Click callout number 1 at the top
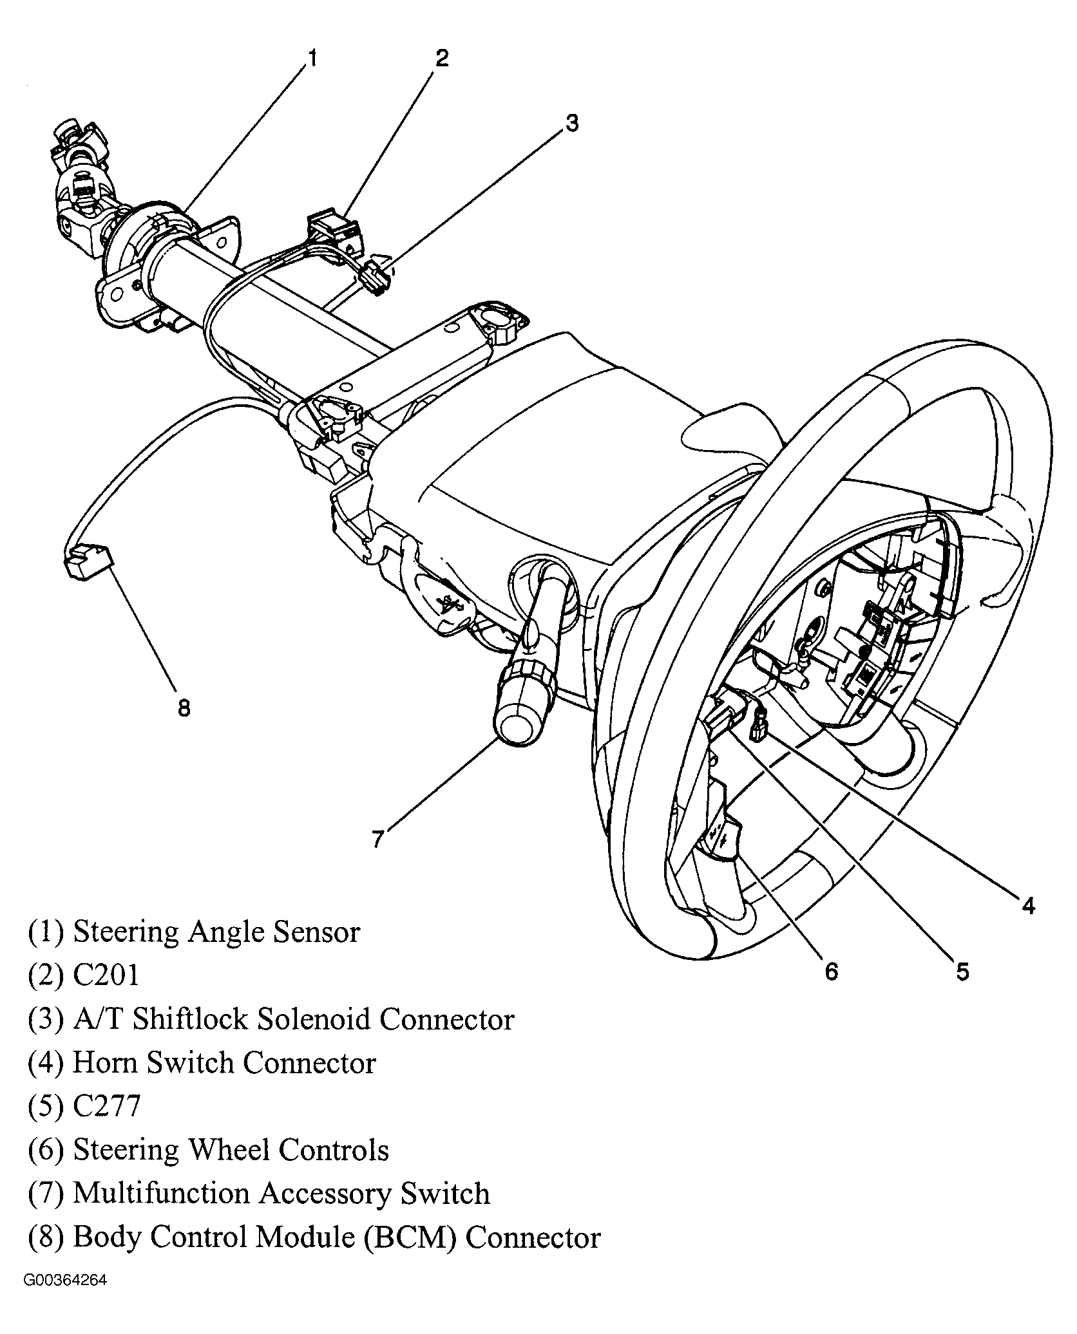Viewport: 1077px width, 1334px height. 312,59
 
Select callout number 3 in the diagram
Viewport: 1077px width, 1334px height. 571,122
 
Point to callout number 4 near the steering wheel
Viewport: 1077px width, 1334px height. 1028,905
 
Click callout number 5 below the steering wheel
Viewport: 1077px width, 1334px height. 962,971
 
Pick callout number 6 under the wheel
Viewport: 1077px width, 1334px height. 832,971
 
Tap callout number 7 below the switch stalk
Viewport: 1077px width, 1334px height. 378,838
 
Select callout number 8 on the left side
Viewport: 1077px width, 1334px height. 184,708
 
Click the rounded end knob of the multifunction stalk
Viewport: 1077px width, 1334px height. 519,726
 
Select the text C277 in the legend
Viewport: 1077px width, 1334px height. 106,1106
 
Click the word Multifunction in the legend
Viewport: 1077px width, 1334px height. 161,1194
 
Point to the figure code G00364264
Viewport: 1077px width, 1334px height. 65,1281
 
